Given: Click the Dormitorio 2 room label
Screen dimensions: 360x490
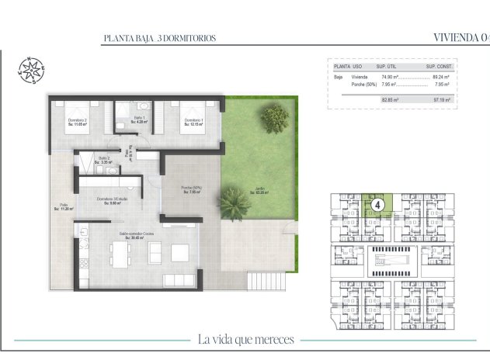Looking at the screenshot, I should [76, 121].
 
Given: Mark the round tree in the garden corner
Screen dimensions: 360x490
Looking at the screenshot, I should [274, 118].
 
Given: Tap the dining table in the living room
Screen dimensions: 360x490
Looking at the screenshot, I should [118, 253].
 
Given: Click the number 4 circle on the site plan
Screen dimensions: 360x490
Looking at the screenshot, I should [377, 205].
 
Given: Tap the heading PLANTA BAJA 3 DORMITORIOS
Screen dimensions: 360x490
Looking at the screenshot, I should [159, 38].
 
